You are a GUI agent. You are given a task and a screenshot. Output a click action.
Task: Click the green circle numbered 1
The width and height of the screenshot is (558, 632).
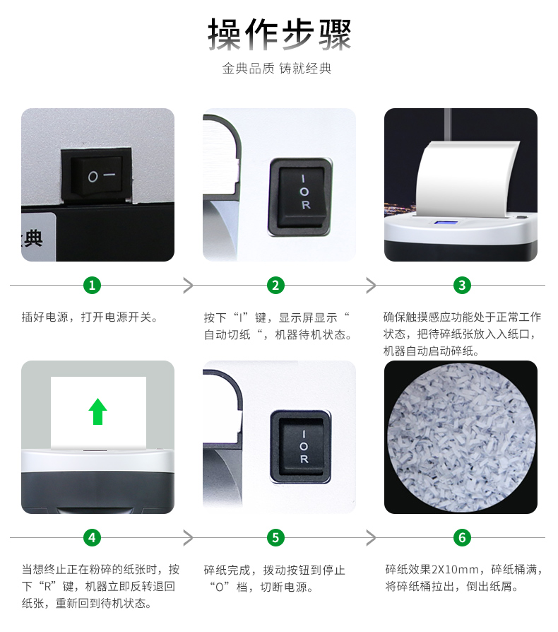tap(93, 286)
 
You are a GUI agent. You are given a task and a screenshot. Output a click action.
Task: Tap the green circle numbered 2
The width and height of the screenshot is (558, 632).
tap(275, 286)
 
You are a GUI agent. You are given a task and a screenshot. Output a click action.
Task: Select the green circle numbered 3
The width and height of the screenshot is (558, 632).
tap(462, 286)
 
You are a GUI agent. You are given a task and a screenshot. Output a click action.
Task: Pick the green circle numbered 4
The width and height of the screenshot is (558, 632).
tap(93, 537)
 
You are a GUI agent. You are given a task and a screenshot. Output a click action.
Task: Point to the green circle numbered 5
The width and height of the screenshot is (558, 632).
tap(275, 537)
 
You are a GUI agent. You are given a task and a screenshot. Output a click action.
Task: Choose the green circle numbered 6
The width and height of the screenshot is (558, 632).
tap(462, 537)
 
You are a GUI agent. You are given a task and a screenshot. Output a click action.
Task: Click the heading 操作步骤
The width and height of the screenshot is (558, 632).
tap(280, 35)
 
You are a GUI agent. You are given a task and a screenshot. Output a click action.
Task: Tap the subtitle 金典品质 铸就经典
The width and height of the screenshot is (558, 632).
tap(277, 69)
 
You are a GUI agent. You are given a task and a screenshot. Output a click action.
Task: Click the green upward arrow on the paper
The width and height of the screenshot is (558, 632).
tap(97, 411)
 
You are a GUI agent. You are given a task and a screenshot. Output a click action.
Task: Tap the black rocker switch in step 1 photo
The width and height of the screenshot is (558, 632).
tap(96, 175)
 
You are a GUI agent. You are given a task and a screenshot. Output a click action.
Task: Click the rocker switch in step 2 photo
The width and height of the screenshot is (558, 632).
tap(300, 197)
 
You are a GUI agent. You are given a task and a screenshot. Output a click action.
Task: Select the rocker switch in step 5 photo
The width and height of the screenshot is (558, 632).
tap(301, 447)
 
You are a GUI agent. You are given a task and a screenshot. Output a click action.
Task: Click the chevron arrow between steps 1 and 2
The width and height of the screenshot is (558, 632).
tap(188, 286)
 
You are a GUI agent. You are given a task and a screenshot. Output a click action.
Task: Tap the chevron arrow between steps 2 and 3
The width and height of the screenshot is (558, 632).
tap(371, 286)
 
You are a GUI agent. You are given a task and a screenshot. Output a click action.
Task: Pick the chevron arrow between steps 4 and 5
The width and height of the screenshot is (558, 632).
tap(188, 538)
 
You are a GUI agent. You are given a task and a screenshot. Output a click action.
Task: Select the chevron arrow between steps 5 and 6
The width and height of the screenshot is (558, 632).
tap(371, 538)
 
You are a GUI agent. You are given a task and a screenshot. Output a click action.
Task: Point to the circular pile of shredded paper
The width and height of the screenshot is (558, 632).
tap(461, 438)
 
